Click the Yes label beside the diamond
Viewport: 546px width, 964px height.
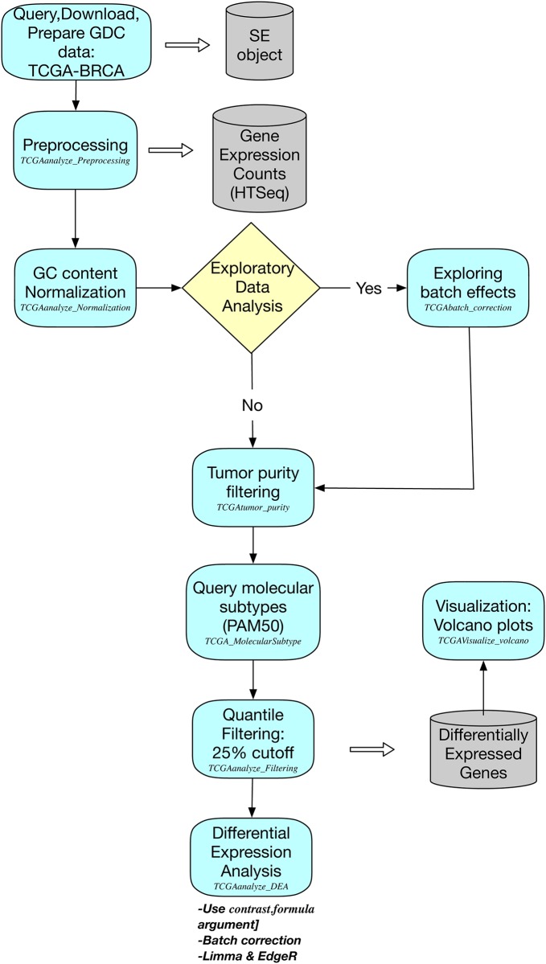click(368, 289)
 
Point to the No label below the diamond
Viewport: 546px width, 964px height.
click(252, 407)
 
